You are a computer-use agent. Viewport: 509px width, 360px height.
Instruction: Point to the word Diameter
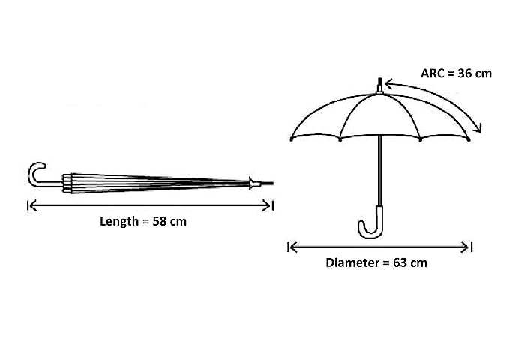pos(352,262)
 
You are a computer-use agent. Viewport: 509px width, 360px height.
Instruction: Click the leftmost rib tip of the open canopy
pos(292,139)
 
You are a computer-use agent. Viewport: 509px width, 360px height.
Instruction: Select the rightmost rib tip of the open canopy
pos(469,139)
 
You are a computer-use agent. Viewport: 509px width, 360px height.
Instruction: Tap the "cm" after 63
pos(418,262)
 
